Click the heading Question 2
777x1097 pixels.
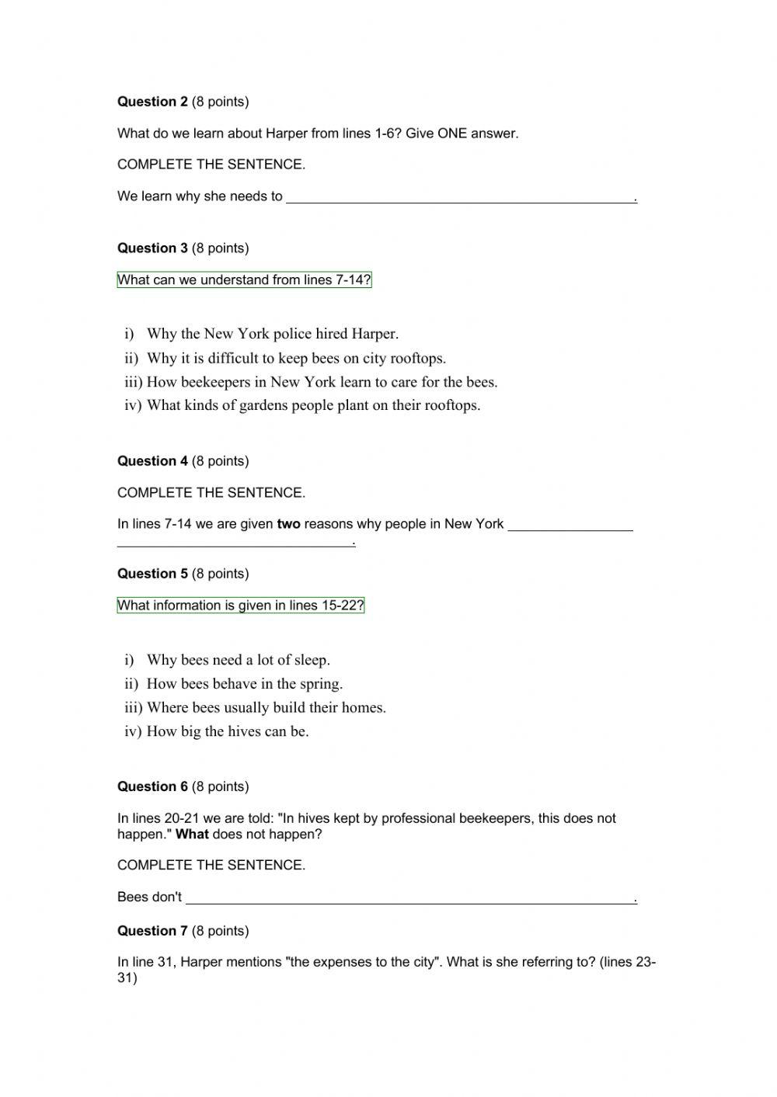click(152, 102)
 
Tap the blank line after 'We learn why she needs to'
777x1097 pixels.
click(461, 197)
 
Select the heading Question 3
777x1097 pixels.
click(152, 248)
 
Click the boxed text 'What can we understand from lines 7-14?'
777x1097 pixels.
click(244, 280)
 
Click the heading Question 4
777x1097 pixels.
click(152, 461)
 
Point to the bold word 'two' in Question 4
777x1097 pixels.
click(288, 524)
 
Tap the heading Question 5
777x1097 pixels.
click(152, 574)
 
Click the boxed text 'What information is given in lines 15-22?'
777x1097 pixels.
click(240, 606)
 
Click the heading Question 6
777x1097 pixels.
click(152, 786)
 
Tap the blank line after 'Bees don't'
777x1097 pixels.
click(410, 898)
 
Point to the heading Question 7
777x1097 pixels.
click(152, 931)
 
